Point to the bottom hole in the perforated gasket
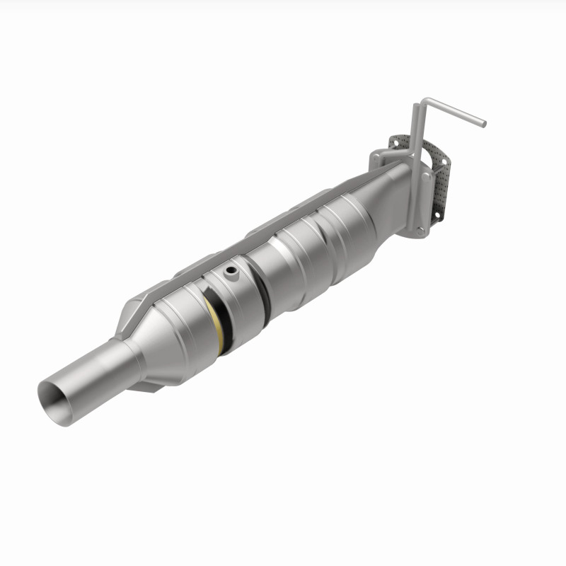(439, 209)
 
